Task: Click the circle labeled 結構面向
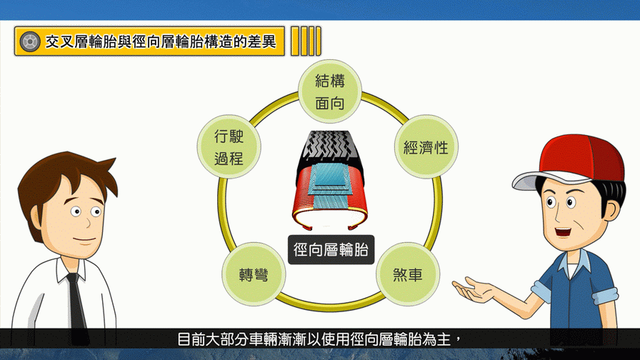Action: click(330, 91)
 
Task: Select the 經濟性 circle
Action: click(426, 147)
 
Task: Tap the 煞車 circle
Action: click(408, 274)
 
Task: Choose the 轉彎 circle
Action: click(254, 274)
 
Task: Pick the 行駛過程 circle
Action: click(229, 147)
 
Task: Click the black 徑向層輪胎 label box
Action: click(331, 249)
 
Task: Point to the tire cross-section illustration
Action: click(330, 179)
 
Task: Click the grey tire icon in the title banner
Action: click(30, 41)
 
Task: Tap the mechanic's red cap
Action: click(579, 157)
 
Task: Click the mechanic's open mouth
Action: click(564, 232)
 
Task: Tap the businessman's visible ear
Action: click(36, 218)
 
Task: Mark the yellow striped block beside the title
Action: click(306, 41)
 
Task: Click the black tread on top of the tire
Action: click(330, 148)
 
